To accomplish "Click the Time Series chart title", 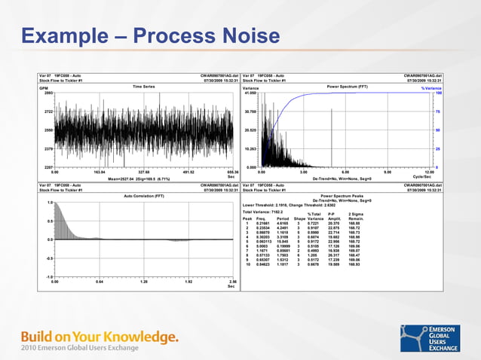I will [143, 87].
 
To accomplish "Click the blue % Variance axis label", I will [431, 87].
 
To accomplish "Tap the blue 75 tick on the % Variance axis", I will [437, 111].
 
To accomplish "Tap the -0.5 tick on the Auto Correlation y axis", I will [47, 258].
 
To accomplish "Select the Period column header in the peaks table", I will [283, 219].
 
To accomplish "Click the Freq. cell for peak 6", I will [262, 246].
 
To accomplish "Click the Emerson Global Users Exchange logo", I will [430, 338].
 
